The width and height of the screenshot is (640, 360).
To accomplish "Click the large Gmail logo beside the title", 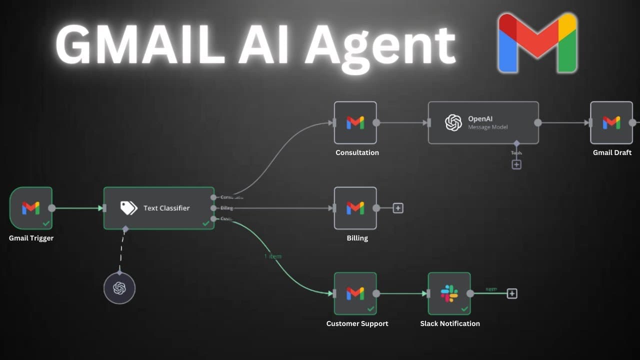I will (x=537, y=44).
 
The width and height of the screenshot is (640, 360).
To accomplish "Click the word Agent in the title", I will (x=380, y=46).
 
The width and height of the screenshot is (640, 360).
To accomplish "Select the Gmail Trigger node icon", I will (x=31, y=208).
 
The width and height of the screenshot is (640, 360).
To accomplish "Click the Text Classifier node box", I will (x=159, y=208).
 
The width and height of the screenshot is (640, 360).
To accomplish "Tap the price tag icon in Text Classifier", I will (x=128, y=208).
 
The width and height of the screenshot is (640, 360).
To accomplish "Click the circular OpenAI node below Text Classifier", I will (x=119, y=288).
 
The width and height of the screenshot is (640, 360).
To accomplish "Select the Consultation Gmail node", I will (x=355, y=122).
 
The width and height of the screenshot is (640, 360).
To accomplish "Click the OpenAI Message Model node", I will (x=483, y=122).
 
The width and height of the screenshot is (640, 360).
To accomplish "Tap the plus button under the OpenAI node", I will (x=516, y=164).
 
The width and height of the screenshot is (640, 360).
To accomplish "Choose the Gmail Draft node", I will (x=611, y=122).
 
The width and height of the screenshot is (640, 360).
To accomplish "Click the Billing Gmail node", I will (x=355, y=208).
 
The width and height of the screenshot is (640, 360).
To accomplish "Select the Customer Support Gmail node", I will (x=355, y=293).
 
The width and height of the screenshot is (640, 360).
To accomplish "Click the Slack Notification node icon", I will (x=449, y=293).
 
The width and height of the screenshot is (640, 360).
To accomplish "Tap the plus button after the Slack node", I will (x=512, y=293).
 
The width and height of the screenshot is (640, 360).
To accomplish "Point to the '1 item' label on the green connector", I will (x=272, y=256).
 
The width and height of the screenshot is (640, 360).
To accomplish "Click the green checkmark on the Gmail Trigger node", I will (x=46, y=223).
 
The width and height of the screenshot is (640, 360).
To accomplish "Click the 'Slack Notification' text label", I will (x=450, y=323).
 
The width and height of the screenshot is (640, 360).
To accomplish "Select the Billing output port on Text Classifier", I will (x=214, y=208).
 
